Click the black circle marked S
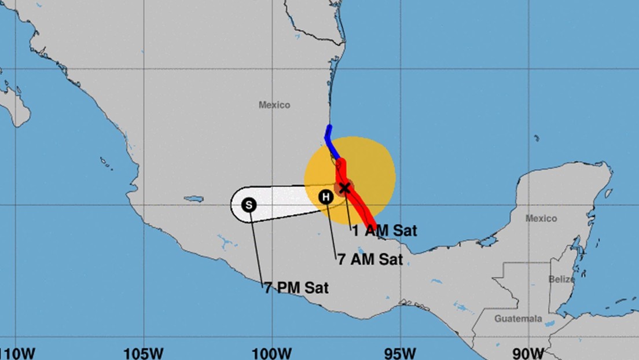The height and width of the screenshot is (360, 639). click(249, 205)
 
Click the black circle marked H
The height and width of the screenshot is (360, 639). click(326, 197)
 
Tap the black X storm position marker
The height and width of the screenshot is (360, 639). click(344, 188)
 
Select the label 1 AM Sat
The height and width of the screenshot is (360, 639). click(384, 230)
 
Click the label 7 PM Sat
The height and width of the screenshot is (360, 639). click(296, 288)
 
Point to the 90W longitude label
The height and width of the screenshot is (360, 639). click(528, 352)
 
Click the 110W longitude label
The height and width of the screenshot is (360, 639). click(17, 352)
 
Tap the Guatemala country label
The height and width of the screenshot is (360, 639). click(518, 319)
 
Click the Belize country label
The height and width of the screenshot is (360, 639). click(561, 279)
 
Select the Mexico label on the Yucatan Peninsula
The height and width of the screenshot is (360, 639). click(541, 218)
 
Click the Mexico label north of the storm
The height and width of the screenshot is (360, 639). click(274, 105)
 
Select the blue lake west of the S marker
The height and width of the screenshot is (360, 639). click(194, 199)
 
